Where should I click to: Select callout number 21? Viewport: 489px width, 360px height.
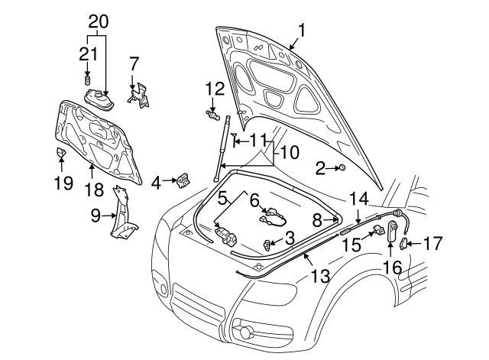point(88,53)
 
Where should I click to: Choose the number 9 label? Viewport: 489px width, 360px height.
point(95,216)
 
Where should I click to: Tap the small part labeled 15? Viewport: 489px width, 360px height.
point(378,232)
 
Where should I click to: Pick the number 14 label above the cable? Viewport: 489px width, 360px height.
point(358,198)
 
